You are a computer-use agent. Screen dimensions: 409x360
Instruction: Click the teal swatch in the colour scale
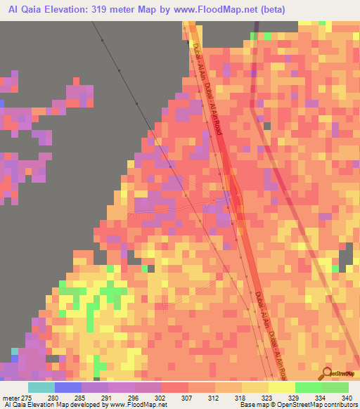pyautogui.click(x=41, y=387)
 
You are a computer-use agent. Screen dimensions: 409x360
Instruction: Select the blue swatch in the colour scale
pyautogui.click(x=68, y=387)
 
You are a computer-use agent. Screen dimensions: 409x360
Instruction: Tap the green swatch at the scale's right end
pyautogui.click(x=335, y=387)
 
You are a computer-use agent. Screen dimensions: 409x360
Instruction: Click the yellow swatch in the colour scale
pyautogui.click(x=282, y=387)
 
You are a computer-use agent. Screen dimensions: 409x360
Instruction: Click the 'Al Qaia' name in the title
pyautogui.click(x=20, y=8)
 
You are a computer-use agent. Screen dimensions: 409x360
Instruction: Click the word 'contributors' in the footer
pyautogui.click(x=338, y=405)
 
